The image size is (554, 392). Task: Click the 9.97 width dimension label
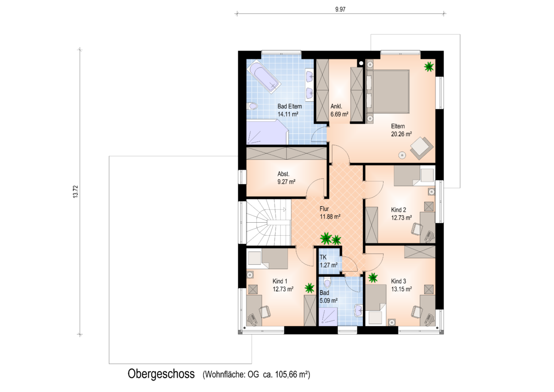tap(340, 10)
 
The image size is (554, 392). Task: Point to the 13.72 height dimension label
tap(75, 191)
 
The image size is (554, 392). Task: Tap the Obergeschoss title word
tap(161, 374)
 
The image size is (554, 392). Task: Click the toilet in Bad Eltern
tap(252, 106)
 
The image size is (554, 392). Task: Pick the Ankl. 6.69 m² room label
tap(339, 110)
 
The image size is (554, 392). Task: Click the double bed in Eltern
tap(388, 92)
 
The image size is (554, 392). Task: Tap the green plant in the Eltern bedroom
tap(429, 66)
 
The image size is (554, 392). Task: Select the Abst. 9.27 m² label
tap(286, 178)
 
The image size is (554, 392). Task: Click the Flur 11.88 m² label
tap(330, 213)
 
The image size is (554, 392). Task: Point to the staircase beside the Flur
tap(268, 223)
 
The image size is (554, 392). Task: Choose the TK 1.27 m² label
tap(329, 261)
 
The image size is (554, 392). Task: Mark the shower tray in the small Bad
tap(328, 316)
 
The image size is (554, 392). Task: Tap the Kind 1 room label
tap(280, 281)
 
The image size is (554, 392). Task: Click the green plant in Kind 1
tap(309, 288)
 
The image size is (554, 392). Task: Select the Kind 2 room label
tap(398, 210)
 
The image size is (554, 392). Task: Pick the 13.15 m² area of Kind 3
tap(401, 289)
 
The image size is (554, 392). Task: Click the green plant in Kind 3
tap(373, 278)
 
